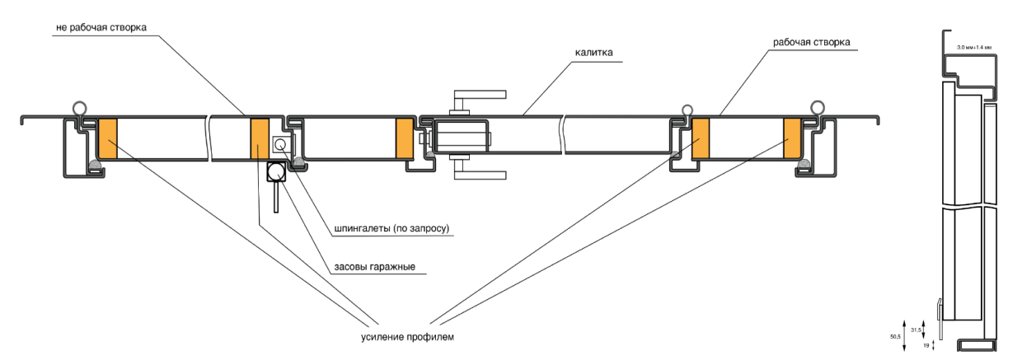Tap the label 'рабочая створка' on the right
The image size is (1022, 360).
[x=811, y=42]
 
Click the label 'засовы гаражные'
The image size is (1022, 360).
[x=374, y=267]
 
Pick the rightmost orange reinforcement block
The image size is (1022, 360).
[x=793, y=139]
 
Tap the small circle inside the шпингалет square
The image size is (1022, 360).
[x=280, y=144]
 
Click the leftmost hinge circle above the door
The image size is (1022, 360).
[x=78, y=107]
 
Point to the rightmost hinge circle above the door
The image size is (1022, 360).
[x=817, y=107]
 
